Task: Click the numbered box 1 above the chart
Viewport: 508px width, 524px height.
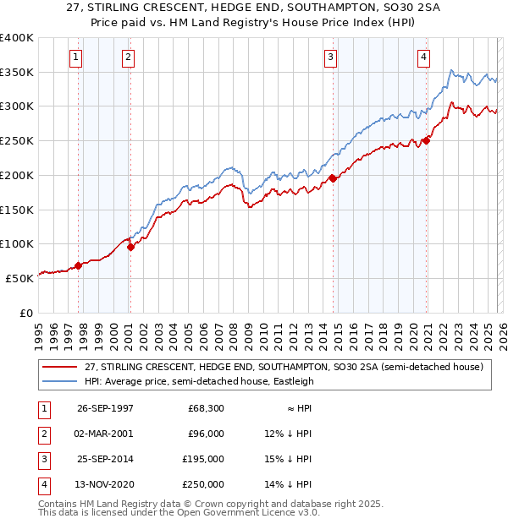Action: tap(75, 57)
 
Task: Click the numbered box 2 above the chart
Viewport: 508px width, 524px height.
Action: tap(127, 57)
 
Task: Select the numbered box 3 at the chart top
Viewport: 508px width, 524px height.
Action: tap(329, 57)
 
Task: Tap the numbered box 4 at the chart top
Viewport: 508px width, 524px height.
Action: tap(422, 57)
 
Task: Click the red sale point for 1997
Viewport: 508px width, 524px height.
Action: tap(79, 265)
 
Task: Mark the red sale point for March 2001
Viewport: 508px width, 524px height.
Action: tap(130, 247)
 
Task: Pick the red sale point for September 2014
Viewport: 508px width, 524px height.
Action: tap(333, 178)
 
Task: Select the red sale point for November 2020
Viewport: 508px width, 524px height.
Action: tap(426, 141)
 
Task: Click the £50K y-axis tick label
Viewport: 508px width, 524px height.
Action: tap(19, 278)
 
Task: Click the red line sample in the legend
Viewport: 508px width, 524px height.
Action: tap(60, 367)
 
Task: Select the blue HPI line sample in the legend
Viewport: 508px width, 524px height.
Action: tap(60, 381)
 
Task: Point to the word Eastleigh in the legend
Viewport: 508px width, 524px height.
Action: tap(291, 381)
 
